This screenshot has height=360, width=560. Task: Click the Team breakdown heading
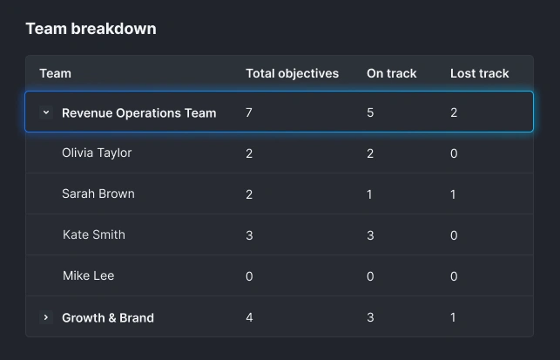click(x=91, y=29)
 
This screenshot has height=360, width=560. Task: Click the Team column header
click(x=55, y=73)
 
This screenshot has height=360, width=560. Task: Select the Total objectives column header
click(x=292, y=73)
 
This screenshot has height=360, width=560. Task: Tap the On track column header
click(x=391, y=73)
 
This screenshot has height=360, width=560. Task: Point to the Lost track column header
click(x=479, y=73)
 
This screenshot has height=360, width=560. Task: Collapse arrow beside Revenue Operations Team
click(x=47, y=112)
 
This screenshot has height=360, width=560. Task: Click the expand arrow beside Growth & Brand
click(x=47, y=317)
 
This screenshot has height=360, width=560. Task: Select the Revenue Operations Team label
click(x=138, y=112)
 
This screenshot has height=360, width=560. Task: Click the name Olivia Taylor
click(x=97, y=153)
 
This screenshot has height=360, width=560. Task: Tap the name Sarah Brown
click(x=98, y=194)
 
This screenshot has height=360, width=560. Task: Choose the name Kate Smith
click(x=94, y=234)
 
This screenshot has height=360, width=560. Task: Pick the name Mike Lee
click(x=88, y=275)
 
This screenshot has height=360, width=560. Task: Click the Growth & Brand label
click(x=107, y=317)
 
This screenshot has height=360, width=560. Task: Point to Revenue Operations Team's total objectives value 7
click(x=249, y=112)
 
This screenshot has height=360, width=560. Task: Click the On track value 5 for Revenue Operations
click(x=370, y=112)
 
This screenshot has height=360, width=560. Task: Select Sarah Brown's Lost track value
click(x=453, y=194)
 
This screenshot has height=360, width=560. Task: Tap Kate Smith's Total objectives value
click(x=249, y=235)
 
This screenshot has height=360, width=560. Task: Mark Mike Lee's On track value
click(x=370, y=276)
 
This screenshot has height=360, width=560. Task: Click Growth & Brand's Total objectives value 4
click(x=249, y=317)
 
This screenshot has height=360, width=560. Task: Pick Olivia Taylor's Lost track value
click(x=453, y=153)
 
